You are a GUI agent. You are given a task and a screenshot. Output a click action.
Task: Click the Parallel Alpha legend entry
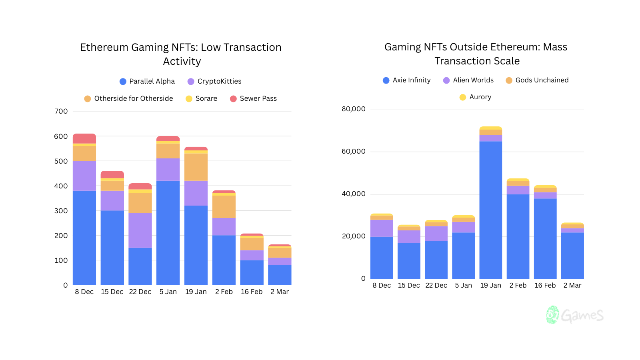click(x=147, y=81)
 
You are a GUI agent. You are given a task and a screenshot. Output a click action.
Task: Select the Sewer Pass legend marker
click(x=233, y=99)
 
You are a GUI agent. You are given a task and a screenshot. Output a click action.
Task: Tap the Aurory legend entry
click(x=475, y=97)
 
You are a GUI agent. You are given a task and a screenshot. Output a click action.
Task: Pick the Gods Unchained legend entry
click(x=537, y=80)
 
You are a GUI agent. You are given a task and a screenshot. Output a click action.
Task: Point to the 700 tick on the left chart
click(x=61, y=111)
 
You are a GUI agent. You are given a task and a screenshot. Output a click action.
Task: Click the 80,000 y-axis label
click(x=353, y=109)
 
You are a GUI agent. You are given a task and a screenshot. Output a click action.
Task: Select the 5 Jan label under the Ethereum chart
click(x=168, y=292)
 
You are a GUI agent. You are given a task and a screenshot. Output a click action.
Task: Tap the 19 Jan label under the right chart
click(x=490, y=285)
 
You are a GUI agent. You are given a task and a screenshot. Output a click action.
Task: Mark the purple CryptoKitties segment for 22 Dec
click(x=140, y=230)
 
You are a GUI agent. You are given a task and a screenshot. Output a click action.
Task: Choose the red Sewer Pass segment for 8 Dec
click(x=84, y=138)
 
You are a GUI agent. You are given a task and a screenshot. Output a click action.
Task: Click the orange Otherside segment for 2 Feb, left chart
click(x=224, y=206)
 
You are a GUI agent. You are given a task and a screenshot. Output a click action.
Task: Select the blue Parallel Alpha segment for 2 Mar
click(x=280, y=275)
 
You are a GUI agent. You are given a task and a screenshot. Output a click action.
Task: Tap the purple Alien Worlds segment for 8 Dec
click(x=382, y=228)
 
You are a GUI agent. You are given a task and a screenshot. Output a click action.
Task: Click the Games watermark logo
click(x=575, y=315)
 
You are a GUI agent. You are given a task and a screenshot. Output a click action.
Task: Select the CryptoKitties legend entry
click(x=214, y=81)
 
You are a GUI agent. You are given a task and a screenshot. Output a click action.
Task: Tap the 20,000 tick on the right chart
click(x=353, y=236)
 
